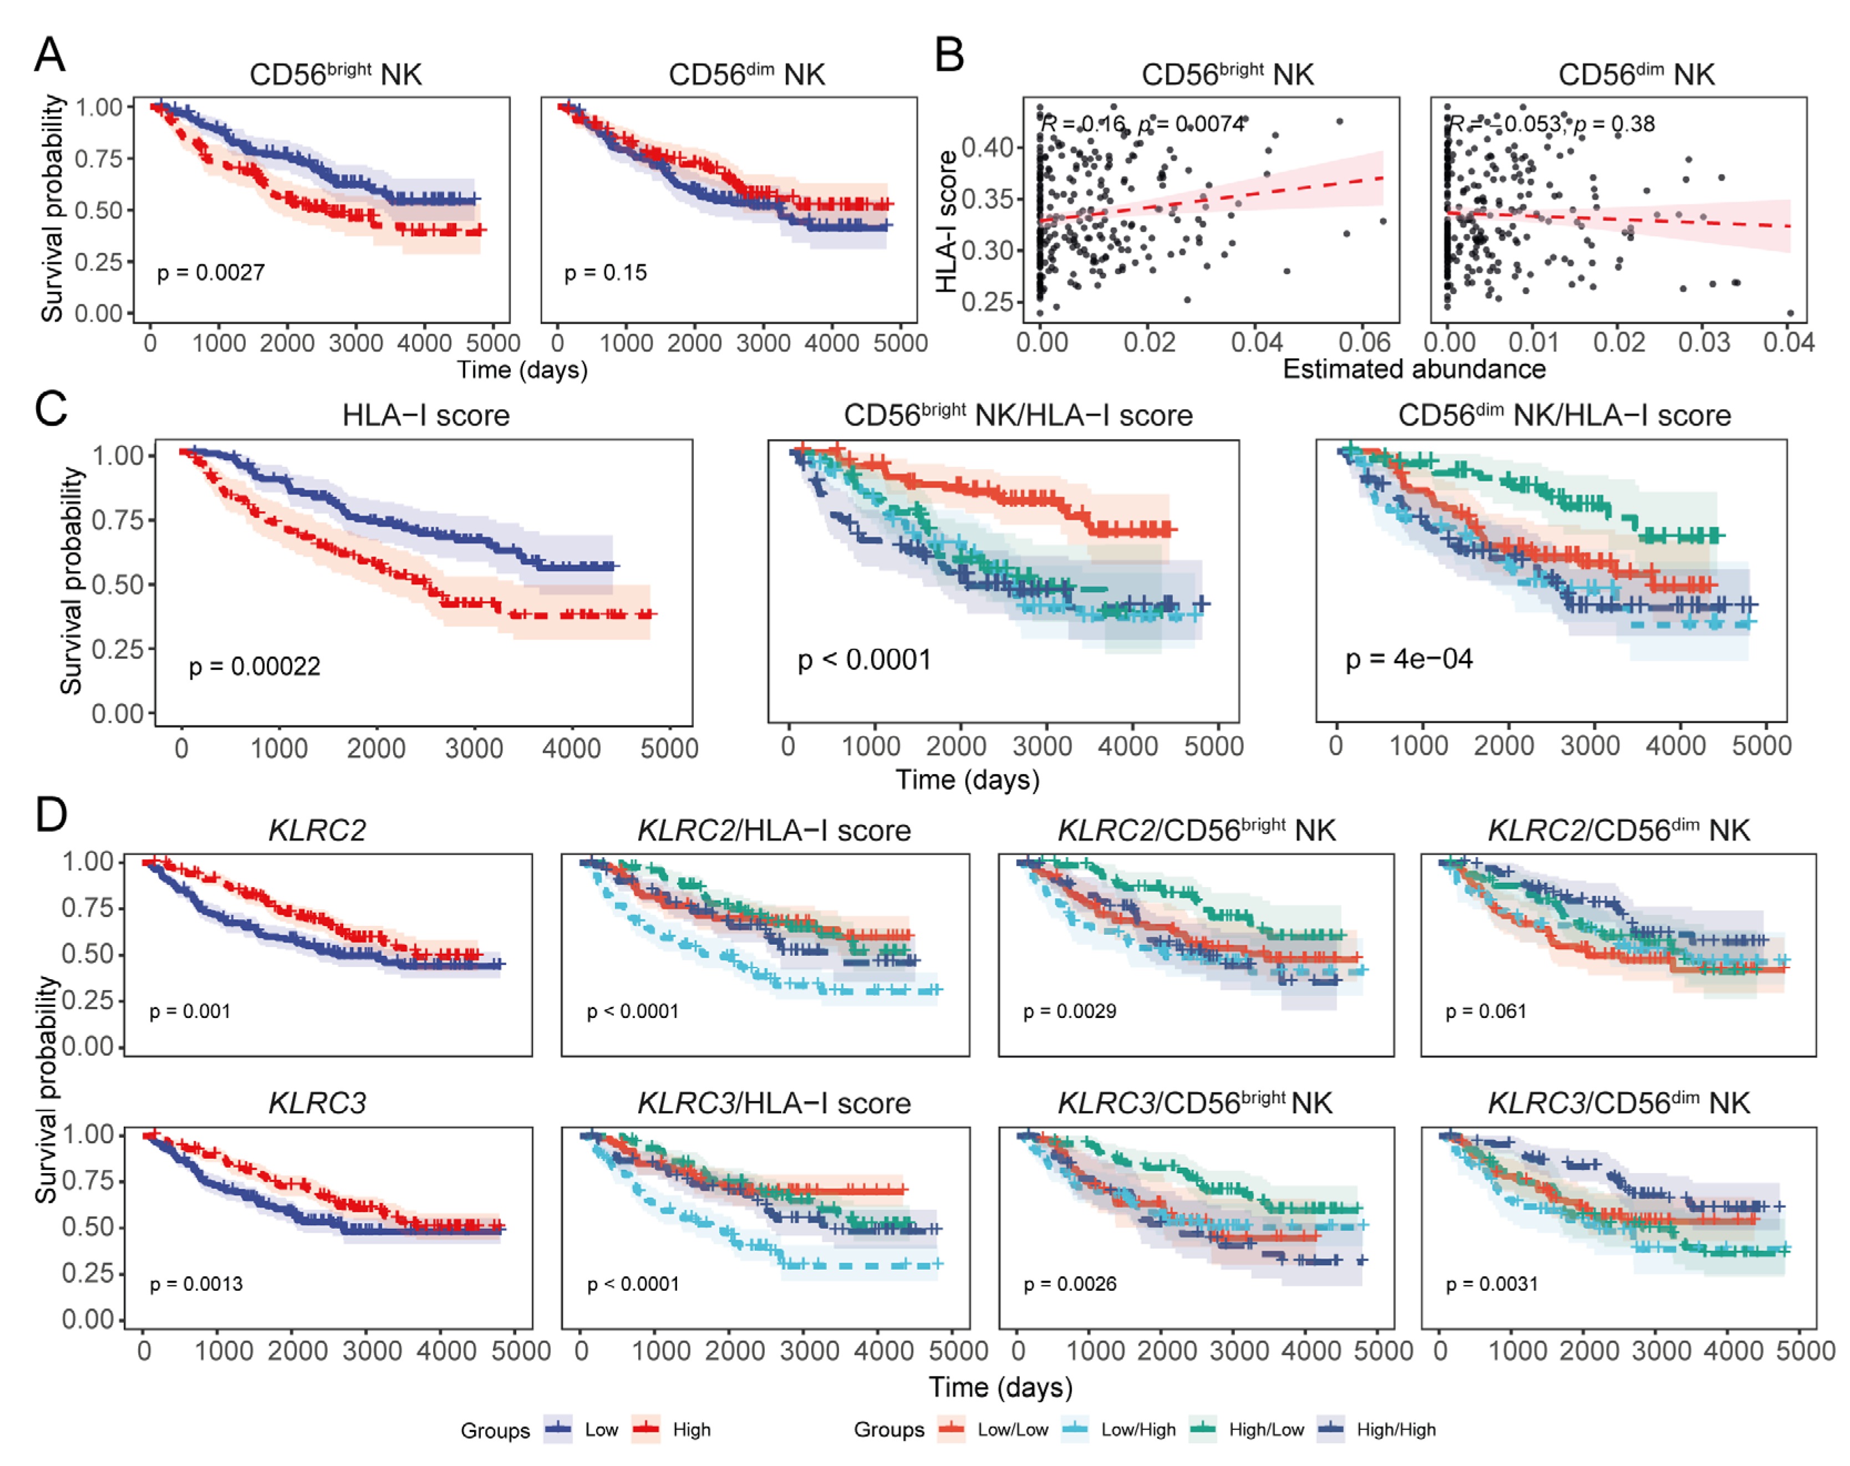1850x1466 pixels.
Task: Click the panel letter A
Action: click(x=50, y=55)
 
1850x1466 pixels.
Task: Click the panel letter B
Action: click(x=949, y=55)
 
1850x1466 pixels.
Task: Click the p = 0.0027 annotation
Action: click(x=211, y=273)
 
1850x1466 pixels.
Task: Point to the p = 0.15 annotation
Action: click(x=605, y=273)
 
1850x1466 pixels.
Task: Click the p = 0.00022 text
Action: click(x=255, y=666)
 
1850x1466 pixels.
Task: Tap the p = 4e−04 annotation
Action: click(x=1409, y=659)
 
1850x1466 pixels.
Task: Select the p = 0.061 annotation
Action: click(x=1486, y=1011)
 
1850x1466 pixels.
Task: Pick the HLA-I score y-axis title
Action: click(x=947, y=221)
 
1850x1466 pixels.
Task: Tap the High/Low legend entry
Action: click(x=1265, y=1429)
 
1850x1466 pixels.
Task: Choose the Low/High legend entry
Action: click(x=1138, y=1429)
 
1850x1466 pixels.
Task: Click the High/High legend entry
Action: click(x=1395, y=1429)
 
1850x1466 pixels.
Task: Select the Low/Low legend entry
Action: click(x=1013, y=1429)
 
